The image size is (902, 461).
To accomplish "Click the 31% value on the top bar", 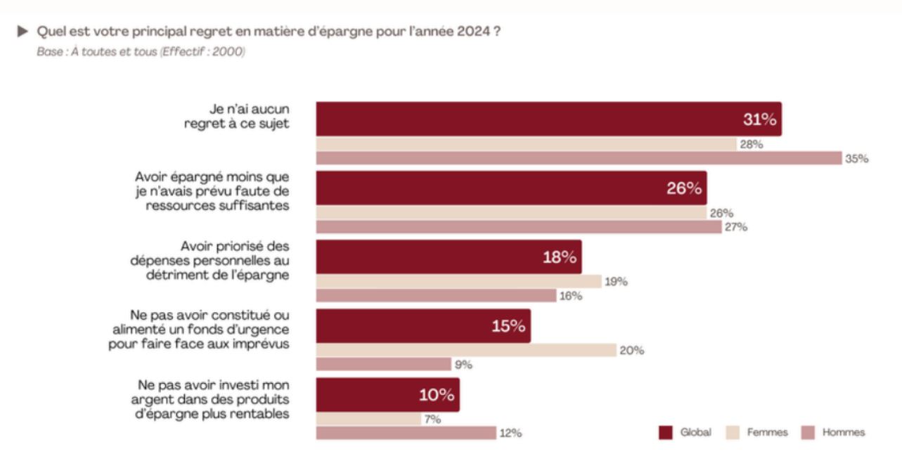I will [759, 119].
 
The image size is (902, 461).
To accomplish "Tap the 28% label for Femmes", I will [750, 144].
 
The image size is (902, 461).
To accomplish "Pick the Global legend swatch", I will [665, 432].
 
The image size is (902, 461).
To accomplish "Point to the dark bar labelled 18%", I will [449, 257].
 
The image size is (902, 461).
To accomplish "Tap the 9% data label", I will [463, 364].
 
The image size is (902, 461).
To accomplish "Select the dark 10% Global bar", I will [387, 395].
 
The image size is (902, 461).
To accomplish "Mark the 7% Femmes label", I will [432, 419].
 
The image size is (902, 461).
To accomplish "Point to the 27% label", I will [736, 227].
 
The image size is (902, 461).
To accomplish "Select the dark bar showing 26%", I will [511, 188].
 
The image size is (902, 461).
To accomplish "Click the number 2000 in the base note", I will [230, 52].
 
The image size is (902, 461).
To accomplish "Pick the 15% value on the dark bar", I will [508, 326].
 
